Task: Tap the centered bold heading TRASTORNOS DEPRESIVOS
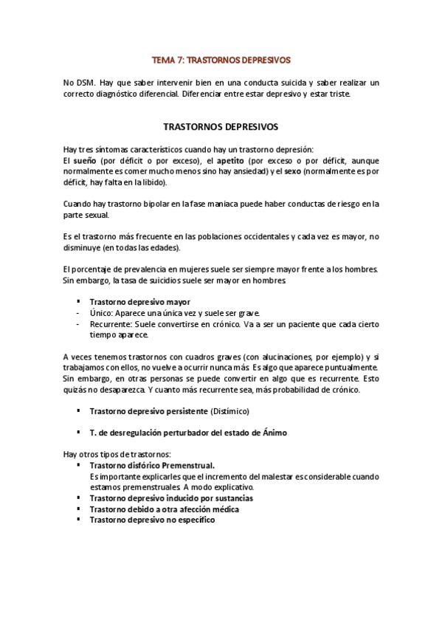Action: [221, 126]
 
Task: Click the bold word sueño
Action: [85, 160]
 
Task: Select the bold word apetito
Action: [228, 160]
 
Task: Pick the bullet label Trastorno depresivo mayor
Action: [139, 302]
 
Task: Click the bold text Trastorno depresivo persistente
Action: [148, 410]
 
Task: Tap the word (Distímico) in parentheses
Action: [230, 410]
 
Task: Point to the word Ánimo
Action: [272, 433]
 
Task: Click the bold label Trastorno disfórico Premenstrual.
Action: [152, 466]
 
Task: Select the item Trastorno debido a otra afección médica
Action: [164, 509]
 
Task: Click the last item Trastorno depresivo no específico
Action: [152, 520]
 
